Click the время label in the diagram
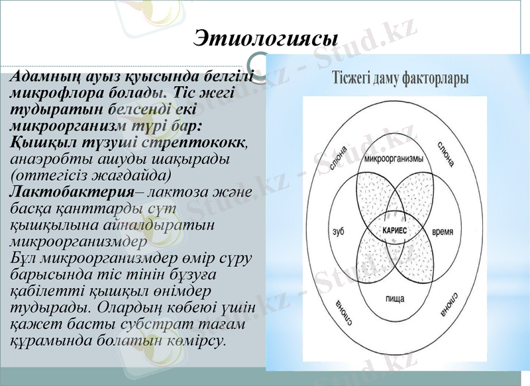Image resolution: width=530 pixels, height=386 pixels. click(x=443, y=232)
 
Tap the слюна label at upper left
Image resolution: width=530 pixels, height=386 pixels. click(x=339, y=156)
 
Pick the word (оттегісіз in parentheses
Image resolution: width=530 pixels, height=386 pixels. click(x=52, y=175)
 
